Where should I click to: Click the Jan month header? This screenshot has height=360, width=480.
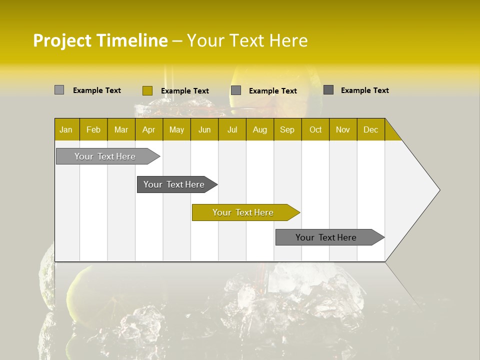[x=66, y=129]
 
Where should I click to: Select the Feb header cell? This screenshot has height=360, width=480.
[x=93, y=129]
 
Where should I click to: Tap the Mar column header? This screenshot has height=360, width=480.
[x=121, y=129]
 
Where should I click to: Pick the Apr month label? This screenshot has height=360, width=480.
[x=148, y=129]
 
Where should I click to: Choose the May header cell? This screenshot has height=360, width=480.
[x=176, y=129]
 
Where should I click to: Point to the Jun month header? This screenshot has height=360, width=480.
[x=204, y=129]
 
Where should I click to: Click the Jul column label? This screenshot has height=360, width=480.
[x=232, y=129]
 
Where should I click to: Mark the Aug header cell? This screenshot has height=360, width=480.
[x=260, y=129]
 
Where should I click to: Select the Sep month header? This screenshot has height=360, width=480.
[x=287, y=129]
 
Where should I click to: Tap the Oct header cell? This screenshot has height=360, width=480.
[x=315, y=129]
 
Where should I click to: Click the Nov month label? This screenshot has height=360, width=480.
[x=343, y=129]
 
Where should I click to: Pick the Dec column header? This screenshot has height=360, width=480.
[x=370, y=129]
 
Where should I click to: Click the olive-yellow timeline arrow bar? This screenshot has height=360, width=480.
[x=243, y=212]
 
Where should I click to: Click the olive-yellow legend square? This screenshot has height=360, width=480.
[x=147, y=90]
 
